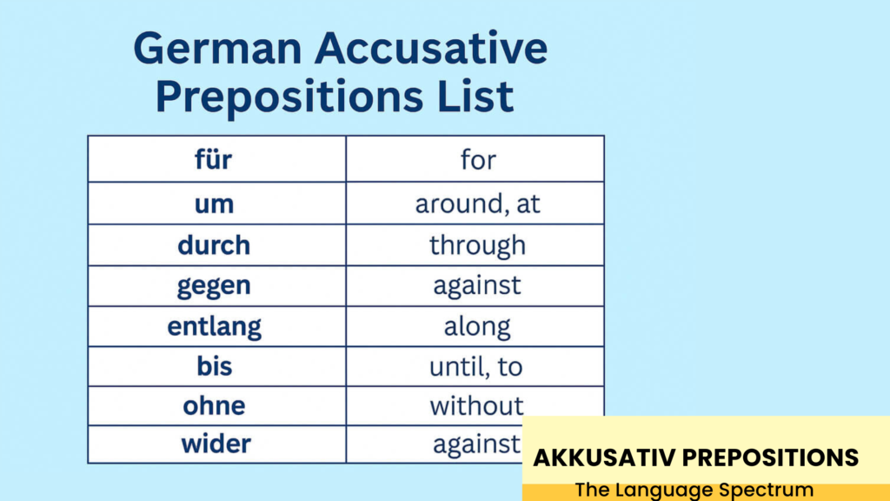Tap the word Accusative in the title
[431, 48]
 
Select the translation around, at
[477, 204]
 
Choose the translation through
[477, 245]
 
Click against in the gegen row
[477, 286]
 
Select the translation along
[477, 327]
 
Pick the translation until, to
[476, 366]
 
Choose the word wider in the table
[216, 444]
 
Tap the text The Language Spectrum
[694, 490]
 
